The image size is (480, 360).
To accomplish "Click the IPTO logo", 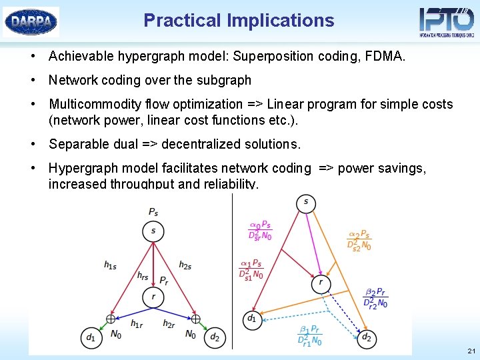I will point(446,21).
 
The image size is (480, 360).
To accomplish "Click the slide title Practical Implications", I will point(239,21).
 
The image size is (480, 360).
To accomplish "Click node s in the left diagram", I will point(153,231).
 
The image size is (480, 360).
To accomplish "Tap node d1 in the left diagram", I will point(91,338).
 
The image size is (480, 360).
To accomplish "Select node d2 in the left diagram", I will point(215,338).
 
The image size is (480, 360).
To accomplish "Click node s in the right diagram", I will point(306,203).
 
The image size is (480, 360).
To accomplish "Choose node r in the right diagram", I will point(321,283).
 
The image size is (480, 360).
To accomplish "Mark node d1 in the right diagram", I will point(252,319).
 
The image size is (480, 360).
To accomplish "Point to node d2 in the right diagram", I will point(366,338).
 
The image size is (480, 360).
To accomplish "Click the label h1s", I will point(111,265).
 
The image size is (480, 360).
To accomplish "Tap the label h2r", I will point(170,324).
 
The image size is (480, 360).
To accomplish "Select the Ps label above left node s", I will point(153,212).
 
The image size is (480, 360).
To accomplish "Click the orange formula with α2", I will point(359,241).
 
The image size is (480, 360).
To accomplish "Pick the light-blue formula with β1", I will point(310,335).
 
